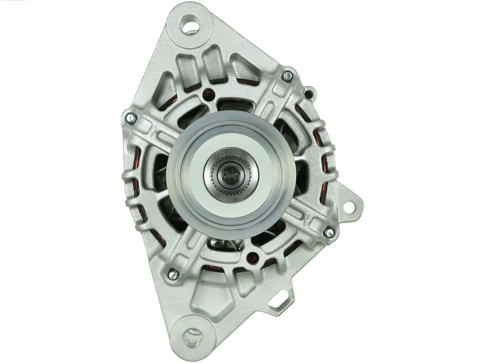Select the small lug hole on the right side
pos(348,207)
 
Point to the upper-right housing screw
pos(287,76)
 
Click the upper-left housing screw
pos(131,118)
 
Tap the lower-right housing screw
pos(328,232)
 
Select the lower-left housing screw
pos(173,274)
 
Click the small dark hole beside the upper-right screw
pos(308,95)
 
